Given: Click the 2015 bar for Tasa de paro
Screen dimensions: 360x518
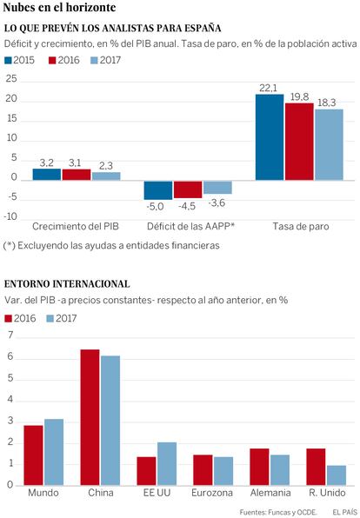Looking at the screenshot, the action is pos(270,137).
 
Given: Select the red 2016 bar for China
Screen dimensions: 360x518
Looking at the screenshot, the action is pos(90,417).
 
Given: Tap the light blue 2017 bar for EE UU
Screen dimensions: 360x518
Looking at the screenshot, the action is pos(167,464).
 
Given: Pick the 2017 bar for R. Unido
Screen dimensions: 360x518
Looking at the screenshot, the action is pos(337,475).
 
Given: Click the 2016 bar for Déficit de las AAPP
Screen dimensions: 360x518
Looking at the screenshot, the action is pos(188,189).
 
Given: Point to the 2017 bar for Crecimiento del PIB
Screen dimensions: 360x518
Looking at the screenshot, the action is pos(106,176).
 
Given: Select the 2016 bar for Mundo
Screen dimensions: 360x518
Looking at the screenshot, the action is pos(33,455).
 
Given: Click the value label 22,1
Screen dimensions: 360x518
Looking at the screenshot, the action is pos(268,88).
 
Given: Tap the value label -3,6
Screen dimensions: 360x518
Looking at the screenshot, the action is pos(217,203).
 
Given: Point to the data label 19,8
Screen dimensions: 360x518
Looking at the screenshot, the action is pos(299,96).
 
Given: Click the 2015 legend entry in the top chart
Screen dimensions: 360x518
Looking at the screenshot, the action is pos(19,60).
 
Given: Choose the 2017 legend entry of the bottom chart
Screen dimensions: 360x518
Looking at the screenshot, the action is pos(62,318).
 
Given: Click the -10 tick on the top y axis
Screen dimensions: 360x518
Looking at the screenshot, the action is pos(10,216).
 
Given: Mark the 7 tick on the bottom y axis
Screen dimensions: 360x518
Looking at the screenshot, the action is pos(11,335).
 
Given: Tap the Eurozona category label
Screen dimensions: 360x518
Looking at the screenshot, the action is pos(212,493).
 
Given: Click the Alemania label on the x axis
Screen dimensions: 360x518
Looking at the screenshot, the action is pos(270,493).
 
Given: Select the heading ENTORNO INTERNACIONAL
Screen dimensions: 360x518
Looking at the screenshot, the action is pos(67,284).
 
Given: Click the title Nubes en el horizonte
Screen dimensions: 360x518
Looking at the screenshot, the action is pos(59,8).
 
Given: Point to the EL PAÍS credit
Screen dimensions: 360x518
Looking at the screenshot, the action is pos(345,513).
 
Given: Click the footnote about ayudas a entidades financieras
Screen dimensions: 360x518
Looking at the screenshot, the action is pos(111,245).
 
